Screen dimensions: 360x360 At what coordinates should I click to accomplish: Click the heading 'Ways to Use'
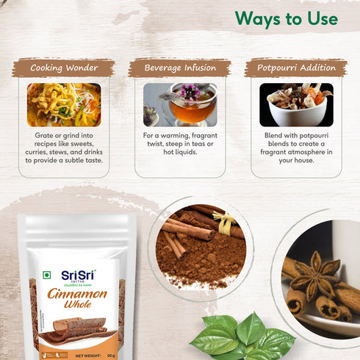[x=287, y=18]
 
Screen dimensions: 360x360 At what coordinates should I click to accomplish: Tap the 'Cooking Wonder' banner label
[x=63, y=68]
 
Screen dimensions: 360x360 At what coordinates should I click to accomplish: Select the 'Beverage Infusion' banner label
[x=180, y=68]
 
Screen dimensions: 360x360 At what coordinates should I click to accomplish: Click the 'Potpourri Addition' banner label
[x=295, y=68]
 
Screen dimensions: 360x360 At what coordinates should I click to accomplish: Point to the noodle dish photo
[x=64, y=104]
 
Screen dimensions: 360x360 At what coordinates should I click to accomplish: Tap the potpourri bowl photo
[x=296, y=104]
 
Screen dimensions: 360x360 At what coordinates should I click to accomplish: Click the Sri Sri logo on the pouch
[x=78, y=276]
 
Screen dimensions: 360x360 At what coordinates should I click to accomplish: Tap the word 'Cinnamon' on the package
[x=78, y=295]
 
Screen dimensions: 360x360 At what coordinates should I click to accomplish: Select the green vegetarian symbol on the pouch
[x=46, y=276]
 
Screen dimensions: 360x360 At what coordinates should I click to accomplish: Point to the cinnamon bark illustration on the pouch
[x=77, y=330]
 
